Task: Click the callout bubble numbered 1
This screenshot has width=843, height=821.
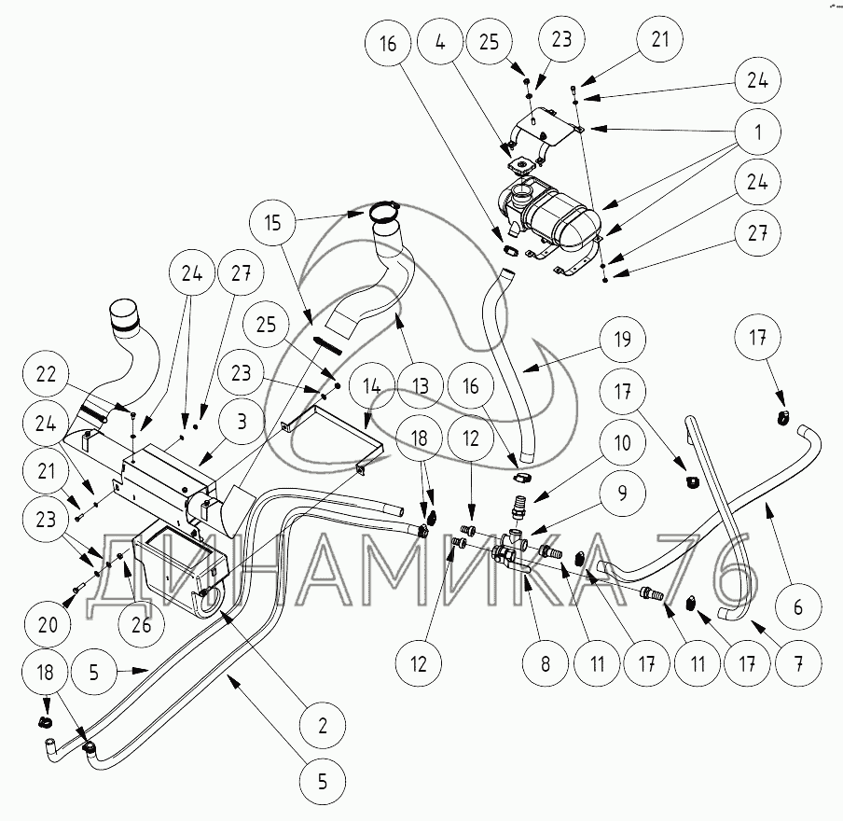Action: tap(758, 132)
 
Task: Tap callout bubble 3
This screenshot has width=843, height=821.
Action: tap(241, 421)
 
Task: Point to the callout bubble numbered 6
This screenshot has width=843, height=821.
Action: tap(798, 606)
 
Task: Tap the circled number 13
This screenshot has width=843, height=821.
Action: tap(421, 383)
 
